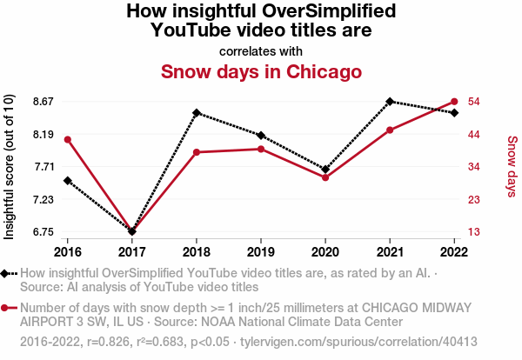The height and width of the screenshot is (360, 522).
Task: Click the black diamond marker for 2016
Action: [x=68, y=180]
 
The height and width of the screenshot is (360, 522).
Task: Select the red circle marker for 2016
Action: [x=68, y=140]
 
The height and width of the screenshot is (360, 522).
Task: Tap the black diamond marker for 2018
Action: [x=197, y=113]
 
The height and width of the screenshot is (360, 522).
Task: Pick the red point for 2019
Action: [x=261, y=149]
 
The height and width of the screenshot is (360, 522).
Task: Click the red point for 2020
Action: [x=325, y=177]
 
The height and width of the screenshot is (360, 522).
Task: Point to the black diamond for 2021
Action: [x=390, y=101]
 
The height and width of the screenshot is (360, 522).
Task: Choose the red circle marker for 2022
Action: [x=454, y=102]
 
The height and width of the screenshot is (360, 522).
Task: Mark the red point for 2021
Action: [x=390, y=130]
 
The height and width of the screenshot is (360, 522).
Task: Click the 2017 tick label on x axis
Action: [x=132, y=250]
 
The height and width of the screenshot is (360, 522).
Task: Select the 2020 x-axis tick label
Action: [x=325, y=250]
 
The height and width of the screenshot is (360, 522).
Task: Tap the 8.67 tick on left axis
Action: [x=43, y=102]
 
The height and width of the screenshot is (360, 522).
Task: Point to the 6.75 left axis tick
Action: [x=43, y=232]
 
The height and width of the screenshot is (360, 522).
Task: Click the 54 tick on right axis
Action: [x=476, y=102]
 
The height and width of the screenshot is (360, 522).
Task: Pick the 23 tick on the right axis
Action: [x=476, y=199]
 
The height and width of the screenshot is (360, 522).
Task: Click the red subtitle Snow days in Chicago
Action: [x=261, y=70]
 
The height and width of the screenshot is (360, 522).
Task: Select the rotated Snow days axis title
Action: [x=512, y=166]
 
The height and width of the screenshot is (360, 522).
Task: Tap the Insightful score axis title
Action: [x=10, y=166]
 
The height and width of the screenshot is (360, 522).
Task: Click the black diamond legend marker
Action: [x=7, y=273]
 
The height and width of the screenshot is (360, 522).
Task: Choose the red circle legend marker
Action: [x=7, y=308]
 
